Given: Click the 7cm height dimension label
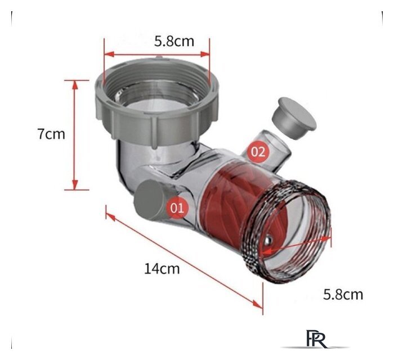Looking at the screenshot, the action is coord(52,133).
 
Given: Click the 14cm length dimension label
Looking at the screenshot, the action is coord(162,269).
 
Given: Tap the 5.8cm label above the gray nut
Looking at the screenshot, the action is coord(174,42).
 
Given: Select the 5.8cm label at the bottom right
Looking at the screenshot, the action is coord(343,295).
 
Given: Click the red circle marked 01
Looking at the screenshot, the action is coord(177,208).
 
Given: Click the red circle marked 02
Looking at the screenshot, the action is coord(258,152).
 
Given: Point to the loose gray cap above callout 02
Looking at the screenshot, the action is coord(294,118).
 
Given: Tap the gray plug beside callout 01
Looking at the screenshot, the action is coord(148,200).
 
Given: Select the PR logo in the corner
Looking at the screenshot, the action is coord(316,339).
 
